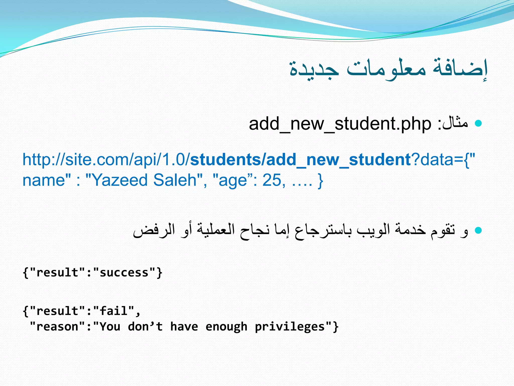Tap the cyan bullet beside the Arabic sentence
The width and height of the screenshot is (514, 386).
tap(479, 230)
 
